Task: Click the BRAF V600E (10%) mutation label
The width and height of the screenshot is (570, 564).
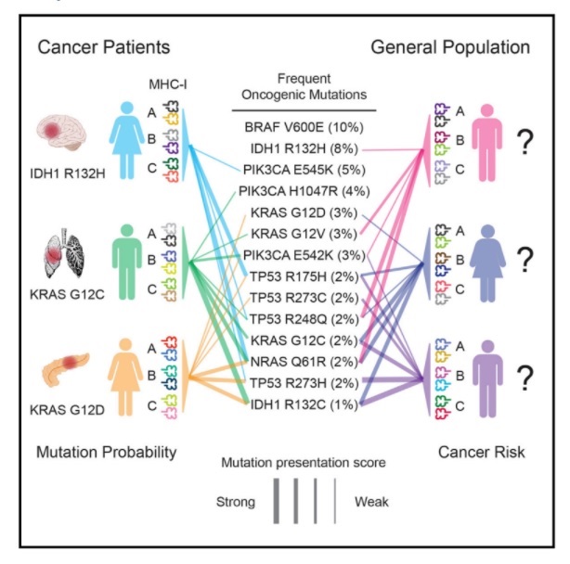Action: point(304,127)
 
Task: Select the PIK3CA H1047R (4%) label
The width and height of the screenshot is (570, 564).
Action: point(304,191)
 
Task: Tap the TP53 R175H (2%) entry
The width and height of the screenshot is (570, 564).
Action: point(304,276)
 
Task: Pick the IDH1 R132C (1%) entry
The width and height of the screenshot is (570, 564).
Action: point(304,404)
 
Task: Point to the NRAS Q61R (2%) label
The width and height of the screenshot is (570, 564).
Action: point(304,362)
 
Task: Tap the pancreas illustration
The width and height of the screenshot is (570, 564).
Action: point(65,368)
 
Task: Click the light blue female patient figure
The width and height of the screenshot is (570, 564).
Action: point(126,141)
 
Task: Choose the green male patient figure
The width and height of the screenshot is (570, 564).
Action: point(127,262)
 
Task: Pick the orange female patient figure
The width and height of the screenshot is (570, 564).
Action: point(125,377)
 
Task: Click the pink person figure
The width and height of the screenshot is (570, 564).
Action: point(487,142)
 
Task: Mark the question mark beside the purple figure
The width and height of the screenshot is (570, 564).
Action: point(525,378)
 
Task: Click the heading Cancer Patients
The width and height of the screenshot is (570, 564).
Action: point(104,47)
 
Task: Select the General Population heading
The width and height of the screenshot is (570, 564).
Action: point(450,47)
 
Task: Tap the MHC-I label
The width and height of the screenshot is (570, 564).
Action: point(168,84)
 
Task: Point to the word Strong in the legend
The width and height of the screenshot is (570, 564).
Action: point(236,502)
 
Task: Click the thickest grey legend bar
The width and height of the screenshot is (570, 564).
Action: point(277,501)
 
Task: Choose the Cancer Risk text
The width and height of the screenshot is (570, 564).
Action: point(481,452)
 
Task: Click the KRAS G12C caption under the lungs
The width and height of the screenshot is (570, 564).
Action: point(67,294)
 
